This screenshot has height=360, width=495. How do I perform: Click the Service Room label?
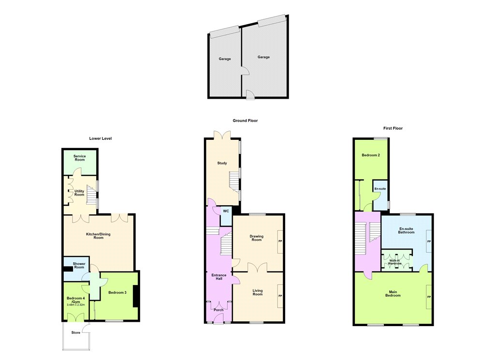tap(80, 158)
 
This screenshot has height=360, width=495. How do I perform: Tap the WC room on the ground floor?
tap(226, 216)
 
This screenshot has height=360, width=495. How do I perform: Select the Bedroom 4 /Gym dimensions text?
tap(76, 305)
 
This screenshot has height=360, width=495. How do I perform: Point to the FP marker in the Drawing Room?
tap(280, 241)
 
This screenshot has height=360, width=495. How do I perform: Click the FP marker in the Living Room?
tap(280, 296)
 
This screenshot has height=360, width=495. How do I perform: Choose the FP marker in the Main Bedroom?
tap(429, 297)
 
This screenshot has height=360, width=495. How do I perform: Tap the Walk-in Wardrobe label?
tap(394, 262)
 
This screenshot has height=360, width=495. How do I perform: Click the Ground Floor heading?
tap(245, 120)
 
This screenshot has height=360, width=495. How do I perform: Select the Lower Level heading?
tap(101, 138)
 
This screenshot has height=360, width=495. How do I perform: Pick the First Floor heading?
tap(393, 128)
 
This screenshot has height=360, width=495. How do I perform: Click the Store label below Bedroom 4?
tap(76, 332)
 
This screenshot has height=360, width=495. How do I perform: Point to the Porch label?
tap(218, 310)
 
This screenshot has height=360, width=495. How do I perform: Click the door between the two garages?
tap(246, 71)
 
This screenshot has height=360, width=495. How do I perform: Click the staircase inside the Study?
tap(234, 182)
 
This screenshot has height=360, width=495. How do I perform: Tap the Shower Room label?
tap(79, 266)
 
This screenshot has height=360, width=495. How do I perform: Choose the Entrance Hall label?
tap(219, 277)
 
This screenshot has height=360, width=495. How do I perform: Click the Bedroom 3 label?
tap(117, 293)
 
